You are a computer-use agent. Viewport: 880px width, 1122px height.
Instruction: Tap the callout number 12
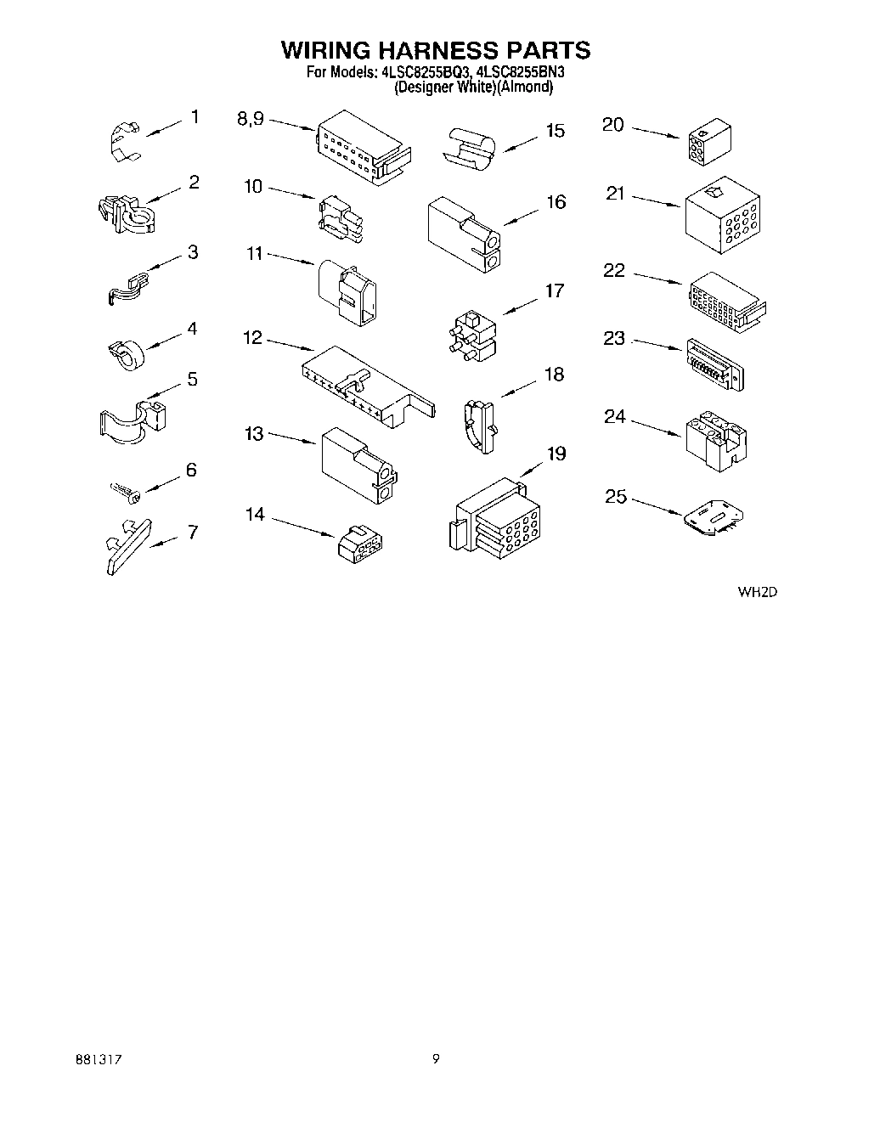[x=253, y=338]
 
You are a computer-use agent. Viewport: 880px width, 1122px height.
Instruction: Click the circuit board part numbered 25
[x=714, y=519]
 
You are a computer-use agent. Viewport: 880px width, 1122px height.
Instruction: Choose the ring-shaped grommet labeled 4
[x=128, y=353]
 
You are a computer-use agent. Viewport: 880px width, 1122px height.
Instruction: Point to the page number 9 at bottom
[x=436, y=1058]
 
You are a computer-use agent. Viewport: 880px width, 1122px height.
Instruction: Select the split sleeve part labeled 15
[x=469, y=145]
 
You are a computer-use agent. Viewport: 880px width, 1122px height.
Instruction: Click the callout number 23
[x=614, y=338]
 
